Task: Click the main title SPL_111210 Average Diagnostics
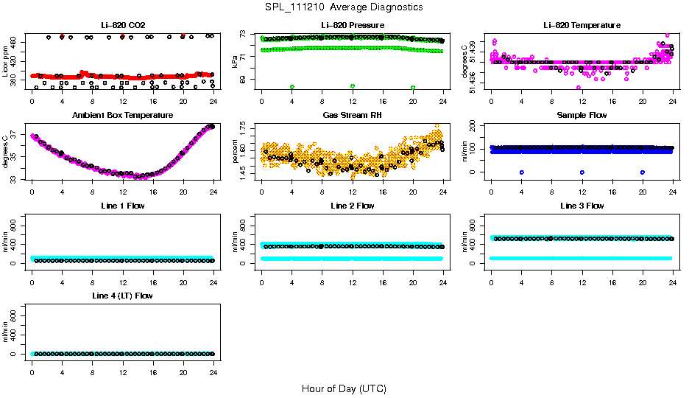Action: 344,7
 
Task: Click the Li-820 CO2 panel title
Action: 122,25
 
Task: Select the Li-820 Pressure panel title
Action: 352,25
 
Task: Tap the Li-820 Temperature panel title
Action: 582,25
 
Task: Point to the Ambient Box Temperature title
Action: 122,116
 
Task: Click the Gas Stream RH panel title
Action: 352,116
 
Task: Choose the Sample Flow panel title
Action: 582,116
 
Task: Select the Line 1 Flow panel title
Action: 122,206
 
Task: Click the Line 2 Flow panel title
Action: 352,206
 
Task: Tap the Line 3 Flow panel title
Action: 582,206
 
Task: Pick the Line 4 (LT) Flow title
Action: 122,296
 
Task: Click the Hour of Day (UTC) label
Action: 344,388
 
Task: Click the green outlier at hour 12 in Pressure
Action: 353,86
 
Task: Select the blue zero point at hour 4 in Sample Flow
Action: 521,172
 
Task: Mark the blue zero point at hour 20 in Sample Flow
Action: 643,172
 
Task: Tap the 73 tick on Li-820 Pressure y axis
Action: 248,34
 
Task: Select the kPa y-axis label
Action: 236,61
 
